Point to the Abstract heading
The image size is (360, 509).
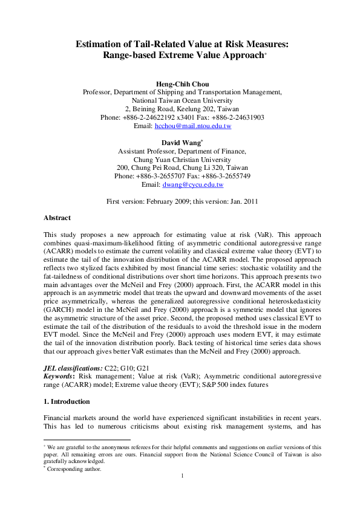(57, 218)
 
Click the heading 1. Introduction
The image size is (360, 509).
(67, 401)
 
